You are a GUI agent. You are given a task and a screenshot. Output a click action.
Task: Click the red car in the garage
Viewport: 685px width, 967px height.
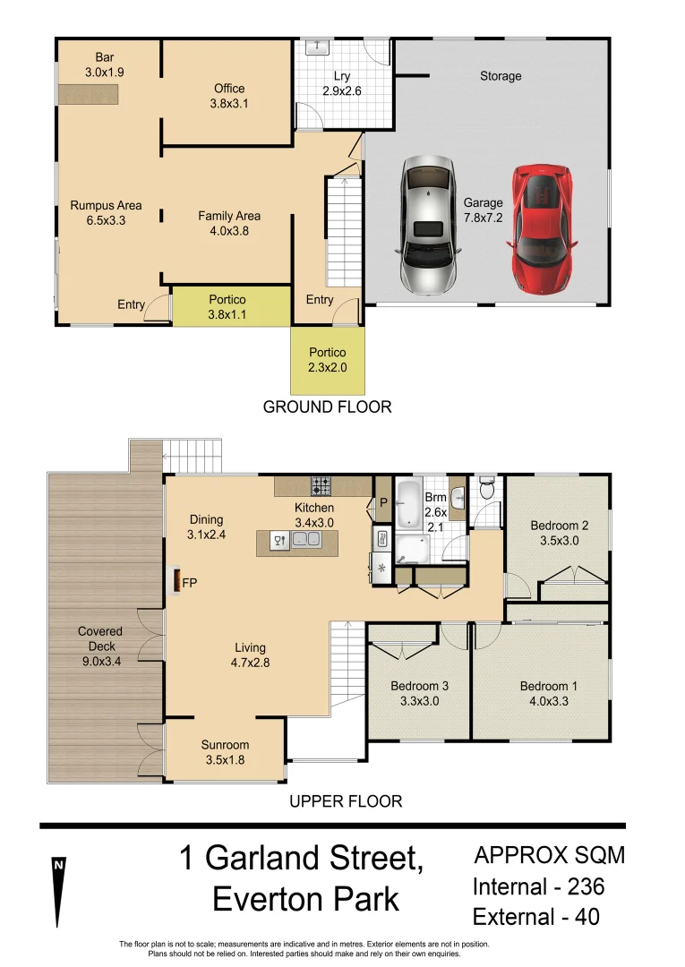coord(542,229)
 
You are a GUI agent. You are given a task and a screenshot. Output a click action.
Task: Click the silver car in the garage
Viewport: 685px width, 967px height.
coord(429,225)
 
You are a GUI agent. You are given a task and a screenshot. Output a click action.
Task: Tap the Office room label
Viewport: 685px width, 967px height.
coord(229,88)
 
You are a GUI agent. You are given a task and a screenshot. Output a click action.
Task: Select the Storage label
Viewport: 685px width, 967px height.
coord(501,76)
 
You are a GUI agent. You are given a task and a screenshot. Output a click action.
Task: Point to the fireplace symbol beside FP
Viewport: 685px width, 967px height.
coord(176,582)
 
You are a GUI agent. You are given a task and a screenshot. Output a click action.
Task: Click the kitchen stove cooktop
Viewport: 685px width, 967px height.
coord(321,486)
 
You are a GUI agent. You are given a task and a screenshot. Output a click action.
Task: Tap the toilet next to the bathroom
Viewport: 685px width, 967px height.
coord(487,488)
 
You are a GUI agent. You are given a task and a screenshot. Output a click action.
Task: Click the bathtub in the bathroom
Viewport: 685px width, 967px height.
coord(407,504)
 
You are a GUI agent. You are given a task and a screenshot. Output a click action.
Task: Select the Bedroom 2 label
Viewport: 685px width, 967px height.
coord(560,526)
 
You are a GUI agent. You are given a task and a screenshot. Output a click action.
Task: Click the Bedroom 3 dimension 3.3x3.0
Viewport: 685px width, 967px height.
coord(419,700)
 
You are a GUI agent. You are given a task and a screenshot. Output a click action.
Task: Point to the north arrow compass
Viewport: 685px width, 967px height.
coord(58,892)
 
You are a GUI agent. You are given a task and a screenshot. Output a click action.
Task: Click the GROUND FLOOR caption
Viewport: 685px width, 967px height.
coord(328,407)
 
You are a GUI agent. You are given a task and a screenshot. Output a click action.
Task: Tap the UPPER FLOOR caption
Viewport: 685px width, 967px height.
coord(346,801)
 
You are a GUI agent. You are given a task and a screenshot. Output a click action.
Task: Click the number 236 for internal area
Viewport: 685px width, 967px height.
coord(586,886)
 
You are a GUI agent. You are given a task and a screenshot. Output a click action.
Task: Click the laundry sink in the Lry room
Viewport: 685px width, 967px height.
coord(318,47)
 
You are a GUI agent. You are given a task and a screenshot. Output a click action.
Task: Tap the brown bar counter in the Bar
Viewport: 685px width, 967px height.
coord(88,94)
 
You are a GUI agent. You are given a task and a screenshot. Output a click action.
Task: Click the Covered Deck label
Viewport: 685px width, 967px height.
coord(100,638)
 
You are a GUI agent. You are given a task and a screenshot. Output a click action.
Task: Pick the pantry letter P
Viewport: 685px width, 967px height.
coord(383,502)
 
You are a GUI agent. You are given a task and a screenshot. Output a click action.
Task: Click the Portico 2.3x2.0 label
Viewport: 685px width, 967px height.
coord(328,360)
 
